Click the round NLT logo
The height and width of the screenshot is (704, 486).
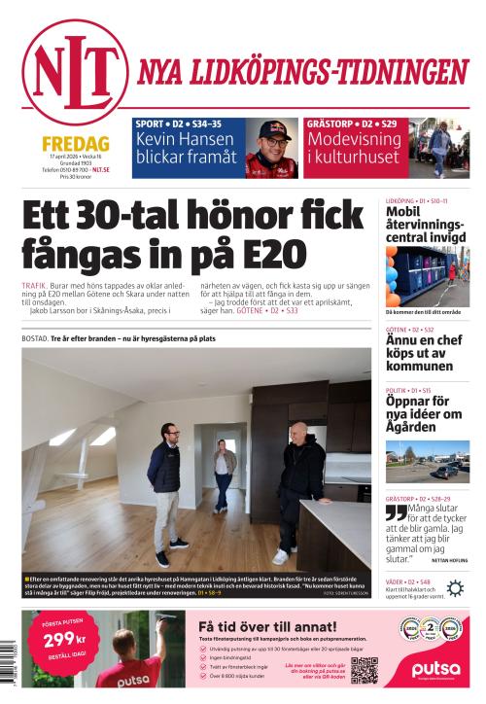(74, 71)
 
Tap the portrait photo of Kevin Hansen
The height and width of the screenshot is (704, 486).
(271, 148)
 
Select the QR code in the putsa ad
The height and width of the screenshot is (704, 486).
(364, 671)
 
